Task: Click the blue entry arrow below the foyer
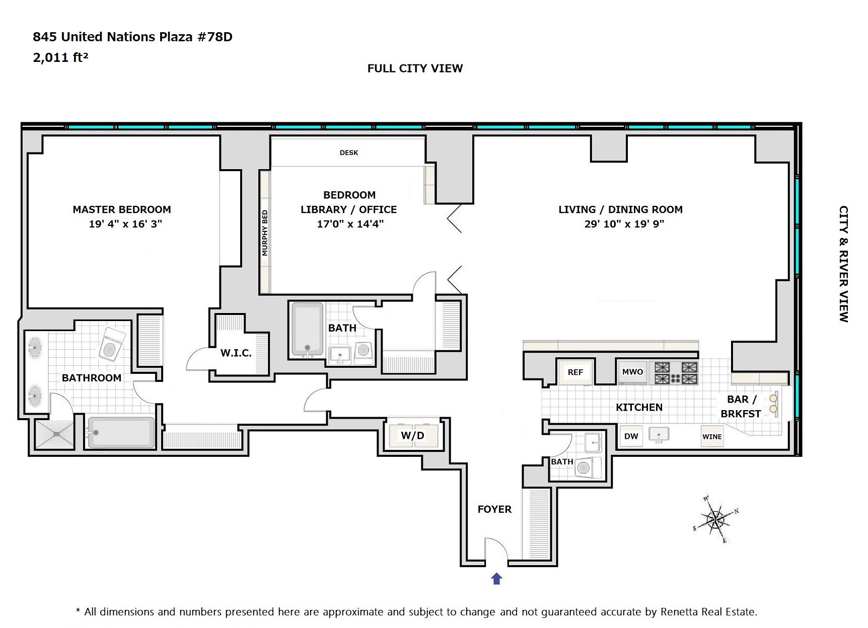(496, 579)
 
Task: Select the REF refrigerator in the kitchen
(575, 372)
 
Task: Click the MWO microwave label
(632, 372)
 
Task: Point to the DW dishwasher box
(631, 436)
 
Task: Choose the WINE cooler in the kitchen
(712, 437)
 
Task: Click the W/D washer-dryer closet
(413, 435)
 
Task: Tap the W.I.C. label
(236, 353)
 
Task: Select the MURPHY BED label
(265, 232)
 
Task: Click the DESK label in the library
(349, 152)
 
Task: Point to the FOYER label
(494, 509)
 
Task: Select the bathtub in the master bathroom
(121, 432)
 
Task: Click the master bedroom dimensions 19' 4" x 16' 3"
(125, 224)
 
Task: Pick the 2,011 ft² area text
(60, 57)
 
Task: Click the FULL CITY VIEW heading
(415, 68)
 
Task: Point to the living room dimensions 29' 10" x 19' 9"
(624, 224)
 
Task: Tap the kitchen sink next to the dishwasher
(659, 435)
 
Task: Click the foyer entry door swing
(496, 548)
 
